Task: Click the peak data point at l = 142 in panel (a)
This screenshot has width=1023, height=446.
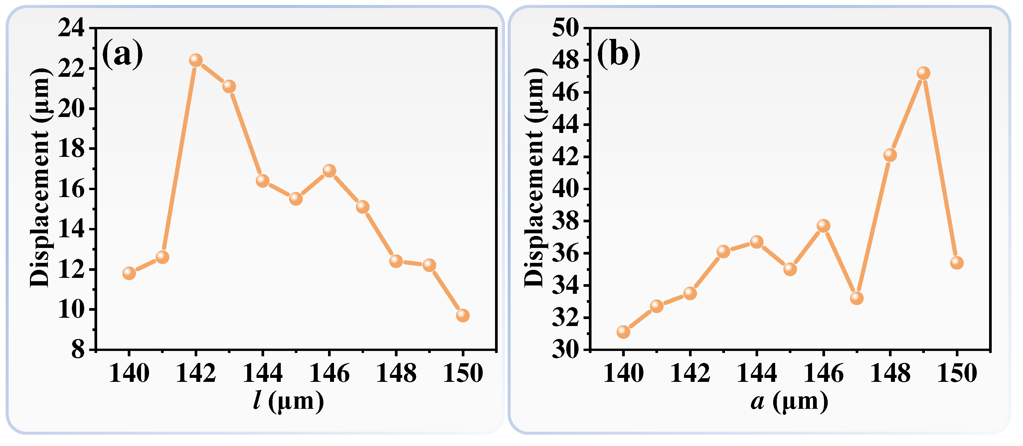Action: (x=196, y=60)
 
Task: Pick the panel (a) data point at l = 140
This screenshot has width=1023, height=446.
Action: (x=129, y=273)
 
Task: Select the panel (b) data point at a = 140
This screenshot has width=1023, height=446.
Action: (x=623, y=332)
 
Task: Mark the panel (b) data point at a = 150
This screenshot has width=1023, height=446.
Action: (x=957, y=263)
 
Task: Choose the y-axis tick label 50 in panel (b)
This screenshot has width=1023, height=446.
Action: (x=566, y=29)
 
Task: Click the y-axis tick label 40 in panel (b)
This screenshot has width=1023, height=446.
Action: (x=566, y=189)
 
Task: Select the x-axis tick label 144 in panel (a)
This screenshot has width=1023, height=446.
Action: (x=262, y=374)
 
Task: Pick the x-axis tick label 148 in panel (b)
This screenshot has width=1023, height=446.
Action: (x=890, y=374)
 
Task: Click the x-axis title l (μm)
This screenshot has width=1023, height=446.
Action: (x=289, y=401)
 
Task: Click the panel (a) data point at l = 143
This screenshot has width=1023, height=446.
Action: (x=229, y=86)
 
